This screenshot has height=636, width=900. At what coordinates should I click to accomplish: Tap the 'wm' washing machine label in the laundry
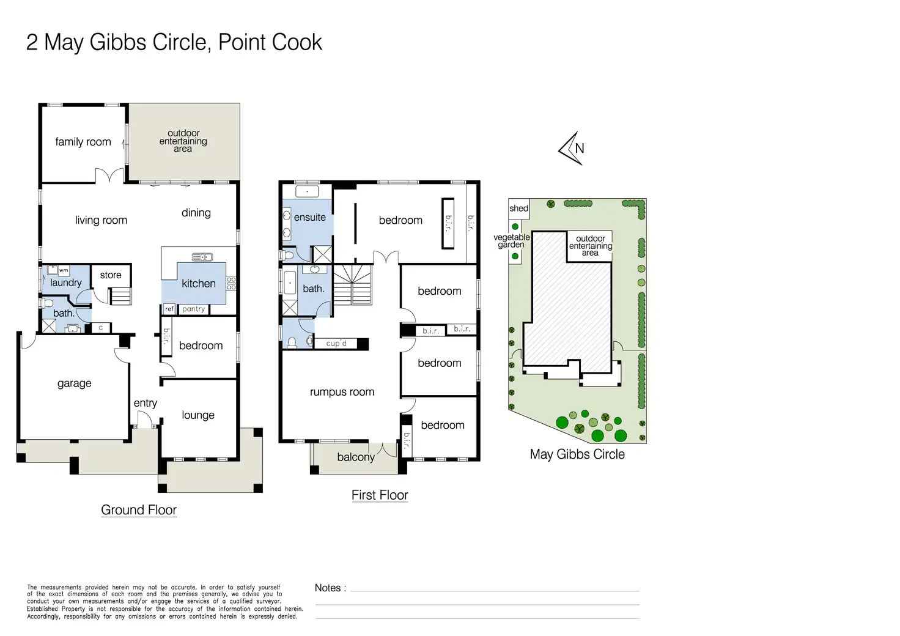(x=64, y=270)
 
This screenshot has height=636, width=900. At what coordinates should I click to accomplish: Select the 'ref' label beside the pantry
(x=169, y=309)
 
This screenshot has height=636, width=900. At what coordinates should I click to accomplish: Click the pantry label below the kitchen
(x=194, y=309)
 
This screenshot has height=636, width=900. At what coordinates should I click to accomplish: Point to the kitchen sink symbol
(x=202, y=257)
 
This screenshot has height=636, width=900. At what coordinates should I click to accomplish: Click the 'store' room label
(x=111, y=275)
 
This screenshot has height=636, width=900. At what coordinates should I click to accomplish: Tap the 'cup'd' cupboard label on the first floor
(x=336, y=343)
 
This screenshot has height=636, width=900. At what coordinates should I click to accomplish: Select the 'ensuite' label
(x=310, y=217)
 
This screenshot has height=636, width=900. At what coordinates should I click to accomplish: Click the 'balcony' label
(x=356, y=457)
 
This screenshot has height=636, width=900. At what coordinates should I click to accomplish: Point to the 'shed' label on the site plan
(x=518, y=208)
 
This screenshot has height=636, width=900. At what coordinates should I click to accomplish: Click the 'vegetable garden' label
(x=512, y=241)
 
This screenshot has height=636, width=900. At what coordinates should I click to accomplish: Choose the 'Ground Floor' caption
(x=139, y=509)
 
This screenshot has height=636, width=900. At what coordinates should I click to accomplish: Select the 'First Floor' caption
(x=380, y=495)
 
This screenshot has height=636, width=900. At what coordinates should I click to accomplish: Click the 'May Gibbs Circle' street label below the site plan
(x=577, y=454)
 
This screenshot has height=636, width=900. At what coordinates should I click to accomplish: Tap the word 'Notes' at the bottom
(x=328, y=588)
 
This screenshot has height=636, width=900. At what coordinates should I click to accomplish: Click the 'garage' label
(x=75, y=383)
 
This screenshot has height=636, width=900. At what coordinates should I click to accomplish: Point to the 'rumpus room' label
(x=342, y=392)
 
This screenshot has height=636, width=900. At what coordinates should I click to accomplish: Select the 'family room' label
(x=83, y=142)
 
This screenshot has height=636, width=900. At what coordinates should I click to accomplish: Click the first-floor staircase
(x=352, y=284)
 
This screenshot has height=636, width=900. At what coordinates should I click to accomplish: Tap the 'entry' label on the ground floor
(x=146, y=403)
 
